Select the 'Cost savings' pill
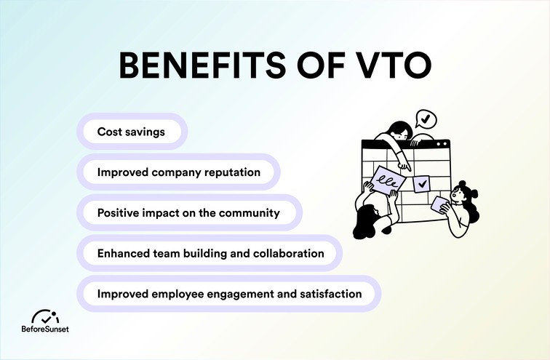point(130,132)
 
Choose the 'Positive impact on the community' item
point(187,213)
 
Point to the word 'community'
point(244,213)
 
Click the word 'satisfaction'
point(327,295)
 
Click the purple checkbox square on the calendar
point(421,184)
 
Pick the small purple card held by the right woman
point(441,204)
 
